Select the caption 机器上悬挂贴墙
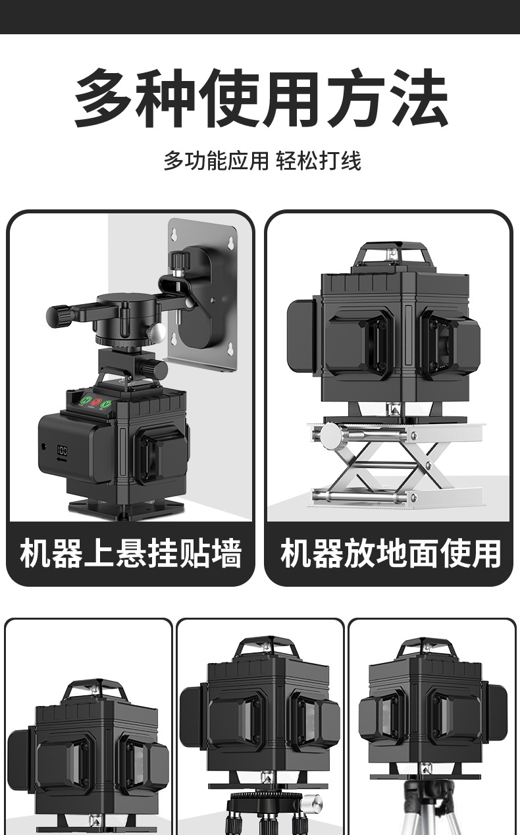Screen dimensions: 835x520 [x=130, y=553]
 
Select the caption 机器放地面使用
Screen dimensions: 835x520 [x=390, y=553]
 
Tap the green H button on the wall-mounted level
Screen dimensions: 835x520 [x=84, y=400]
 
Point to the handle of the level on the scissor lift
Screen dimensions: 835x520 [x=388, y=254]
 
